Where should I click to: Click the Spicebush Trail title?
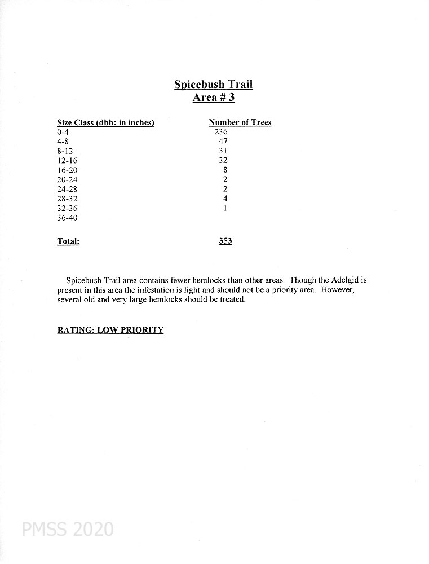213,85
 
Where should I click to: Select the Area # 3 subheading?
213,98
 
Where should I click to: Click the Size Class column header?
105,122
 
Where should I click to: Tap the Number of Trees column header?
240,122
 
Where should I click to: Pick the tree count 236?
220,132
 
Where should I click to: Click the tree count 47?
223,142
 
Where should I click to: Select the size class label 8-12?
65,151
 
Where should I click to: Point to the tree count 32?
223,160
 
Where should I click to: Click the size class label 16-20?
67,170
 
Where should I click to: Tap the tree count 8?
225,170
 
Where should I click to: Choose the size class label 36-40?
67,218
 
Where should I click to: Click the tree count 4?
225,199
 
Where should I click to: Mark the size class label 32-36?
67,209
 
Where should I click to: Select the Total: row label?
68,241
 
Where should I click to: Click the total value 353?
225,241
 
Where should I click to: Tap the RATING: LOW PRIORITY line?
110,330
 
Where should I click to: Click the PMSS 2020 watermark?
68,529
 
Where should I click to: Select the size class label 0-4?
63,132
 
